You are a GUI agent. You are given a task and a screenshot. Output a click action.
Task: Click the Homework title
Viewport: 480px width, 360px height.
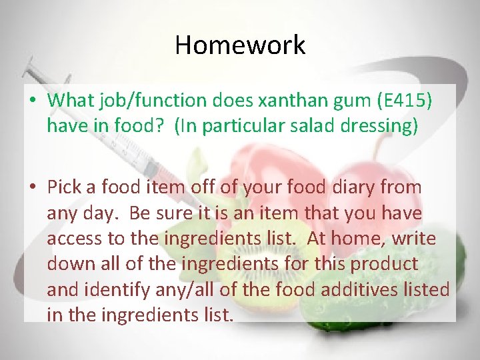tap(240, 45)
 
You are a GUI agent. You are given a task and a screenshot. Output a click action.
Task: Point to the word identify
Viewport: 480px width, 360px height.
tap(121, 289)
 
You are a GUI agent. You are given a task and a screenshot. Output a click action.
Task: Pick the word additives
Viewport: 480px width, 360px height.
tap(366, 289)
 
